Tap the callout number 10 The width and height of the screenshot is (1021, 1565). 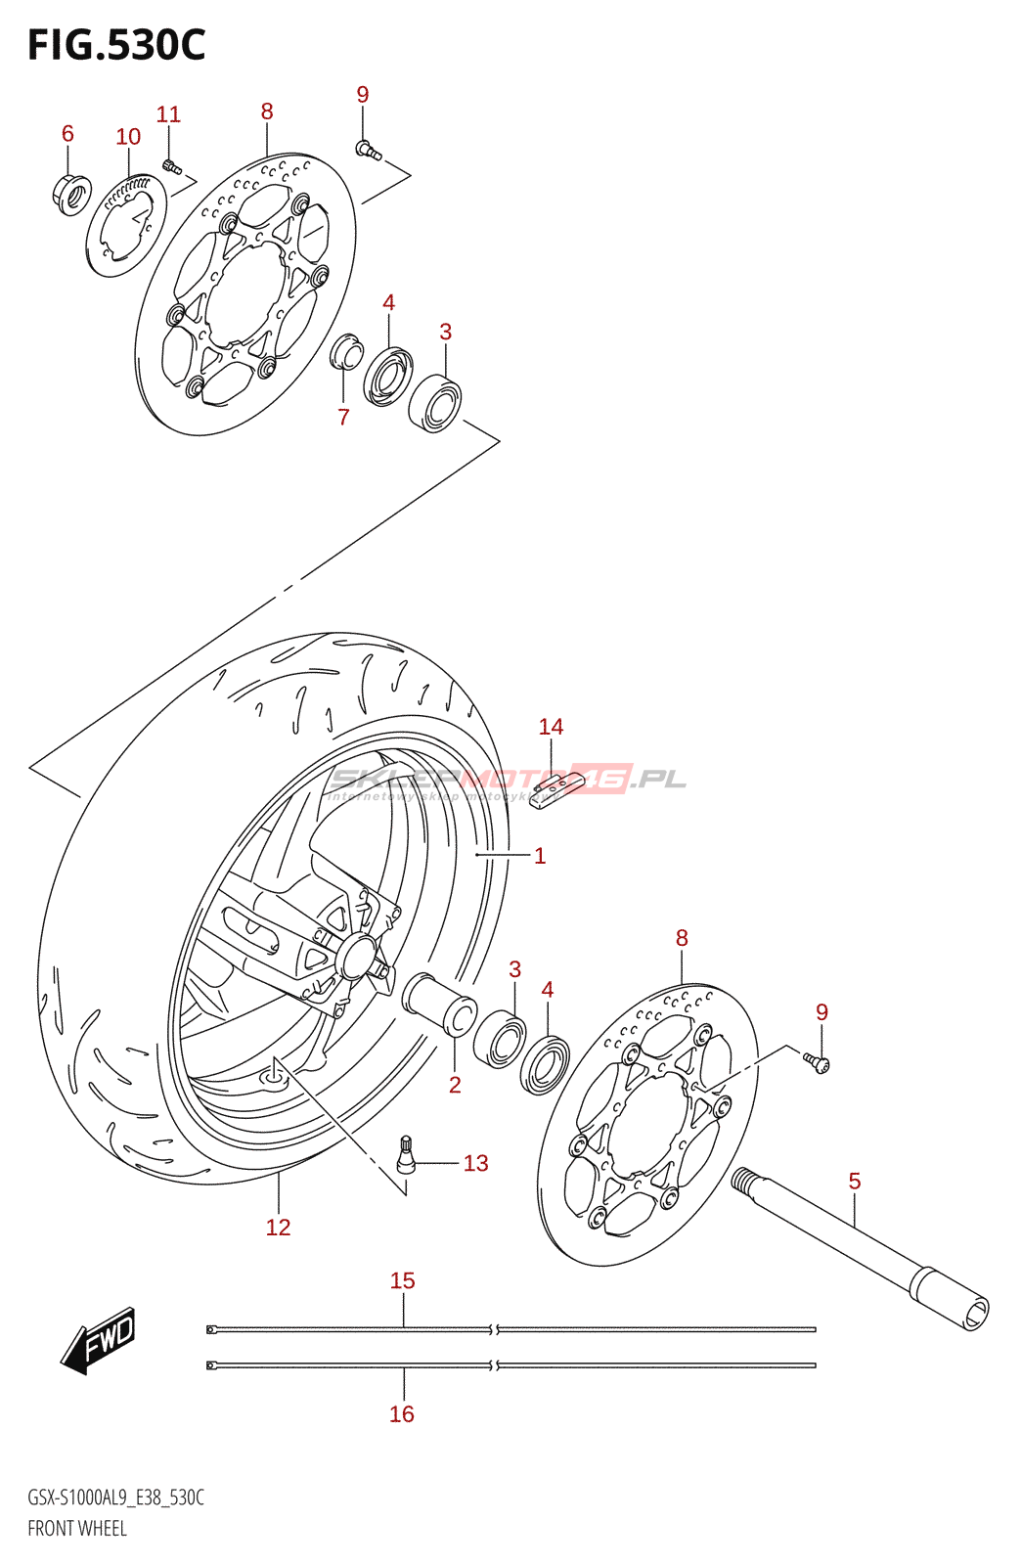[x=128, y=137]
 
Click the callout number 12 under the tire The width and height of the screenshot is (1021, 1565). [x=278, y=1228]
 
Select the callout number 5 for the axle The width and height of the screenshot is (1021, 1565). [x=855, y=1182]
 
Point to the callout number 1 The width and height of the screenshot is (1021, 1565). [x=539, y=856]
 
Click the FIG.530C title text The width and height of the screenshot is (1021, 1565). [x=116, y=45]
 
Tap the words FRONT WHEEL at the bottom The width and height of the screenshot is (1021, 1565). [x=77, y=1528]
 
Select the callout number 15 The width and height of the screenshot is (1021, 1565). [x=402, y=1280]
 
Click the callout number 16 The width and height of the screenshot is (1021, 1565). [x=402, y=1413]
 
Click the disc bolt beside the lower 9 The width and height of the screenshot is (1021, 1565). [x=817, y=1062]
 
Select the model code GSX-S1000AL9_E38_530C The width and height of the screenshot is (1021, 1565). [x=115, y=1498]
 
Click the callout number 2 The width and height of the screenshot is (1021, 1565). [x=455, y=1085]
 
